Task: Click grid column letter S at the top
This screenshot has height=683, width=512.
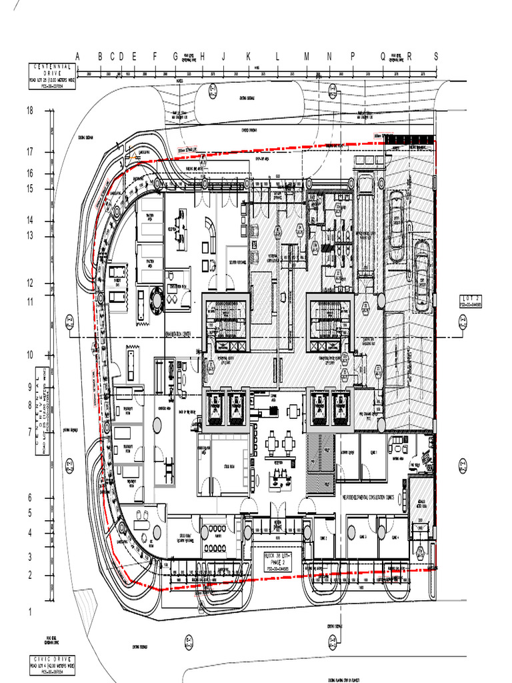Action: click(436, 57)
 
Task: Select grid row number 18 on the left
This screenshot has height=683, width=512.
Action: click(29, 111)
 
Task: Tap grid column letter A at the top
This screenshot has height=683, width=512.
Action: click(77, 57)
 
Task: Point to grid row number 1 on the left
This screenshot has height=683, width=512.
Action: click(29, 612)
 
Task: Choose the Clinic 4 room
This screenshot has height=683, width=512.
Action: click(395, 538)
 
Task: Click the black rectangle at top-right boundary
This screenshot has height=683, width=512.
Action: click(411, 139)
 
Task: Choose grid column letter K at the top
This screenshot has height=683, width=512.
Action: click(248, 57)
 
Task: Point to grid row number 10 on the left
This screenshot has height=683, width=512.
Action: click(29, 355)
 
